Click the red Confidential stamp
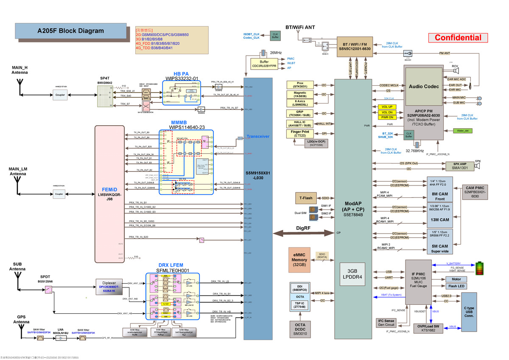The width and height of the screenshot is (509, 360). [457, 38]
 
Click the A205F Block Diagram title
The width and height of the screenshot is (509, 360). [70, 31]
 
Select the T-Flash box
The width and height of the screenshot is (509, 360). [306, 198]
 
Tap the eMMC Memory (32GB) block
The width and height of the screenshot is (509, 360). [299, 259]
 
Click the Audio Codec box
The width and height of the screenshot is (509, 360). [424, 87]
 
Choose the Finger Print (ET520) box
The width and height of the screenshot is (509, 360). [299, 134]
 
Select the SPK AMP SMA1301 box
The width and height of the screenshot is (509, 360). [459, 166]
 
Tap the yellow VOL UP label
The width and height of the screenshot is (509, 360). [386, 107]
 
